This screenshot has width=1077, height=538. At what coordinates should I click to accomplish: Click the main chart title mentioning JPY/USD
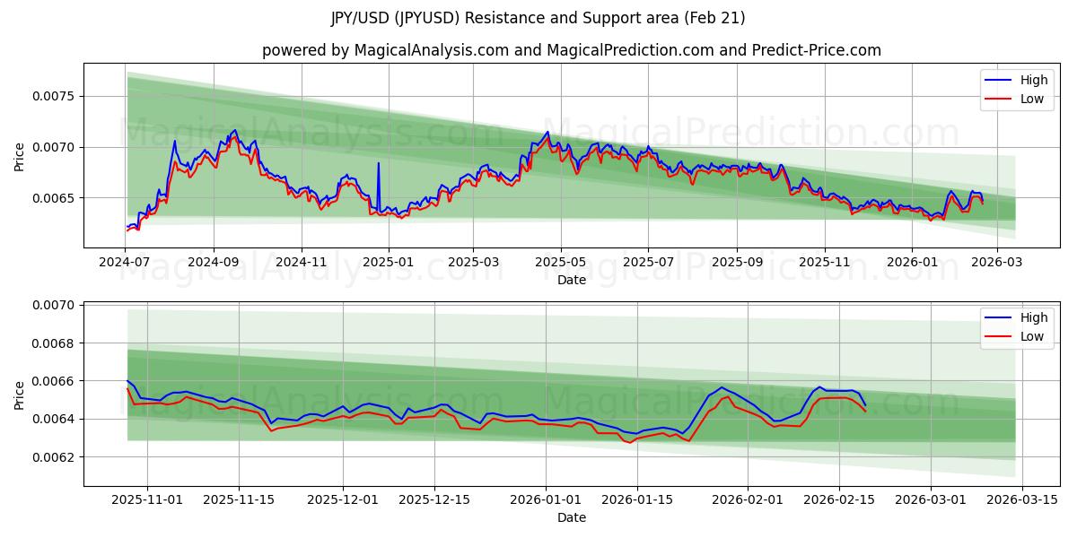[538, 18]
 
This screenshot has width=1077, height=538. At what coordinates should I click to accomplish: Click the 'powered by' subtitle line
[572, 50]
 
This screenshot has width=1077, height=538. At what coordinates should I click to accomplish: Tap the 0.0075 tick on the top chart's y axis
[56, 96]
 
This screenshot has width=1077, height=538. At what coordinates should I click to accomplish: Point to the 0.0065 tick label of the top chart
[56, 198]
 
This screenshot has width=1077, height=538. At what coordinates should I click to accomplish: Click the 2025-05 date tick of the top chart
[561, 262]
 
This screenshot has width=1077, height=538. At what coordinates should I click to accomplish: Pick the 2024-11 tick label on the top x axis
[302, 262]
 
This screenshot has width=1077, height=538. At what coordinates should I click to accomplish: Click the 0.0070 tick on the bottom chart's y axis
[56, 306]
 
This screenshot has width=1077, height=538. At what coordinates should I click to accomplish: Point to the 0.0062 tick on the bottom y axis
[56, 457]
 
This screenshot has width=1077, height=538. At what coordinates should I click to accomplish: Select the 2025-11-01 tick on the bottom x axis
[147, 500]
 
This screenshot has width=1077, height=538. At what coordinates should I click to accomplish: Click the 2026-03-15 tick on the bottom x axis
[1023, 500]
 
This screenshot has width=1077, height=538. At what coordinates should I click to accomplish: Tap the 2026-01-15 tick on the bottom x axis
[637, 500]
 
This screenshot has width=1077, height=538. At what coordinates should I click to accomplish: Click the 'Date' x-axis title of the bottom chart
[572, 517]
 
